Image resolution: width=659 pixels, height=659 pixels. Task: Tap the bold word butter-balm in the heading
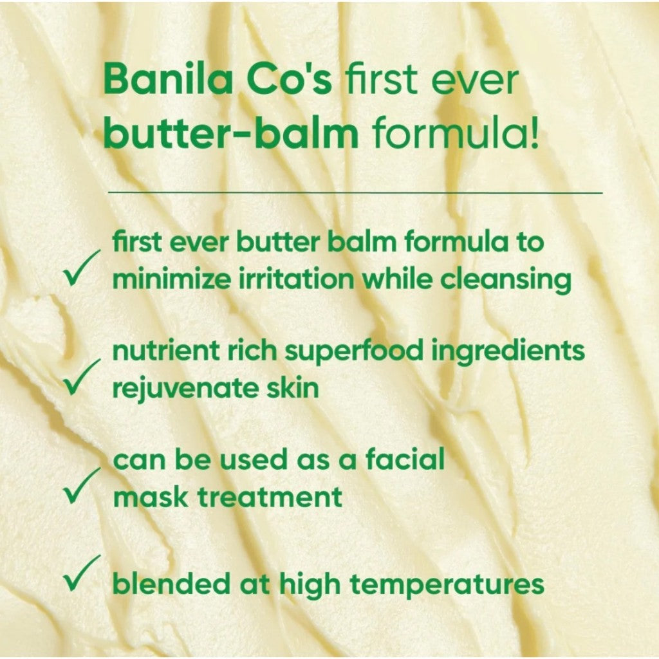point(230,135)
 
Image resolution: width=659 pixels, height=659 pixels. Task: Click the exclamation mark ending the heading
point(534,135)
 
